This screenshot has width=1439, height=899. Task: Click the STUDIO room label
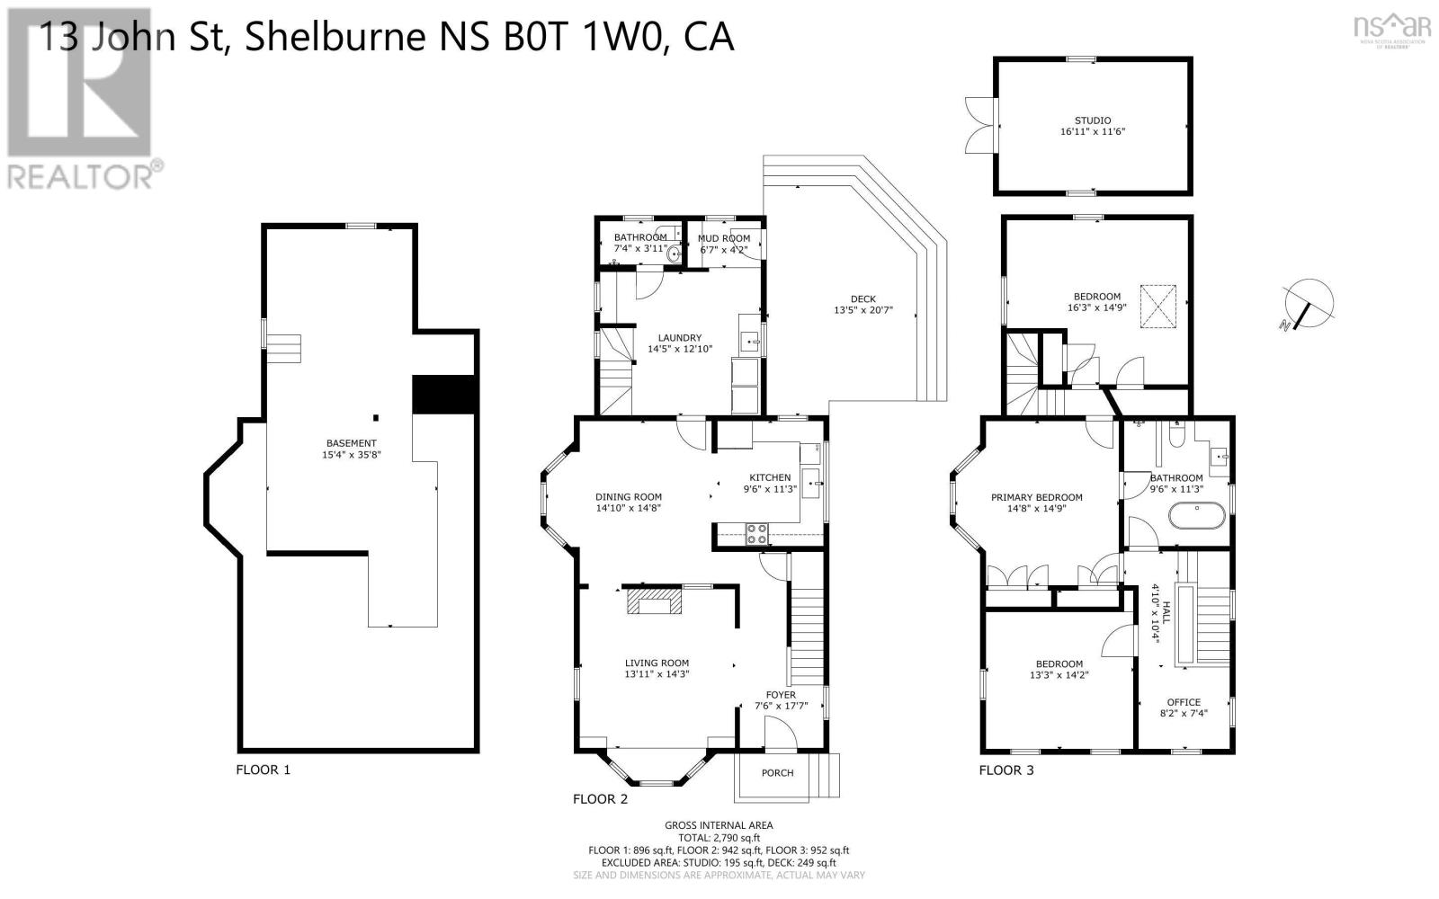coord(1093,120)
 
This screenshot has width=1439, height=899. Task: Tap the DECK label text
coord(863,299)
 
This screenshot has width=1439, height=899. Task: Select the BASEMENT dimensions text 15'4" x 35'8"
coord(351,455)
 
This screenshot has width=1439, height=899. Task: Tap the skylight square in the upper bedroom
coord(1159,298)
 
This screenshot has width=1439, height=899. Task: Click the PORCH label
coord(778,773)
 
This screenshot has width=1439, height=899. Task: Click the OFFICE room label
coord(1184,702)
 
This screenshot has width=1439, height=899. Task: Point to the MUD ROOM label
coord(724,238)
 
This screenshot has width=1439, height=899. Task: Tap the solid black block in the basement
coord(442,395)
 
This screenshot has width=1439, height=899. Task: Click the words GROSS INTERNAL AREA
coord(719,825)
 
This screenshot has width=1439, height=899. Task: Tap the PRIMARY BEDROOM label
coord(1037,497)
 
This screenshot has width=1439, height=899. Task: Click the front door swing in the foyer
coord(780,734)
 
